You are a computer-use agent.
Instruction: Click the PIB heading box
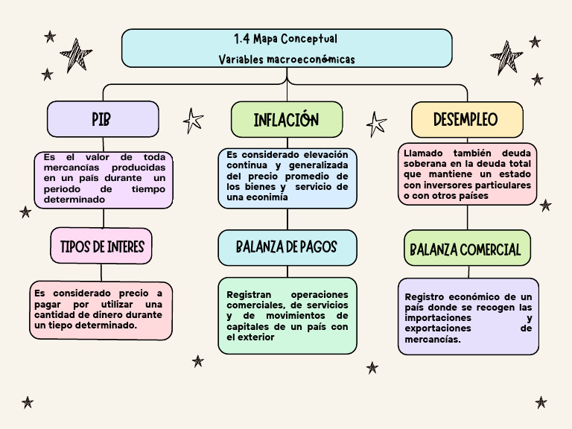click(103, 119)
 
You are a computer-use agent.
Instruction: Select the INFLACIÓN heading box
click(287, 120)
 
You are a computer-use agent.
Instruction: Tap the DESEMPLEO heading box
click(466, 119)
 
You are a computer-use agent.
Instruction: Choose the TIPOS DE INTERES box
click(102, 247)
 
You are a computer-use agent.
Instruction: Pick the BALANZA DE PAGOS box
click(287, 247)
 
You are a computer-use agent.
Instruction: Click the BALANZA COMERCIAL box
click(466, 250)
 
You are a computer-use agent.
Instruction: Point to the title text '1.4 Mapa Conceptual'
click(285, 39)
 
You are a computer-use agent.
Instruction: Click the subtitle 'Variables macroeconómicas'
click(287, 59)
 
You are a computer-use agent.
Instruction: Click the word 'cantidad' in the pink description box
click(54, 315)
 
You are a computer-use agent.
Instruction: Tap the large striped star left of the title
click(76, 55)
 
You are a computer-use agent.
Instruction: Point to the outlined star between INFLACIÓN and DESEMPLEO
click(376, 123)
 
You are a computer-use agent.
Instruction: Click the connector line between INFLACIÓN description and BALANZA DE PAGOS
click(287, 219)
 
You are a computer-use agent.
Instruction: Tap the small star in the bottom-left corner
click(28, 402)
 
